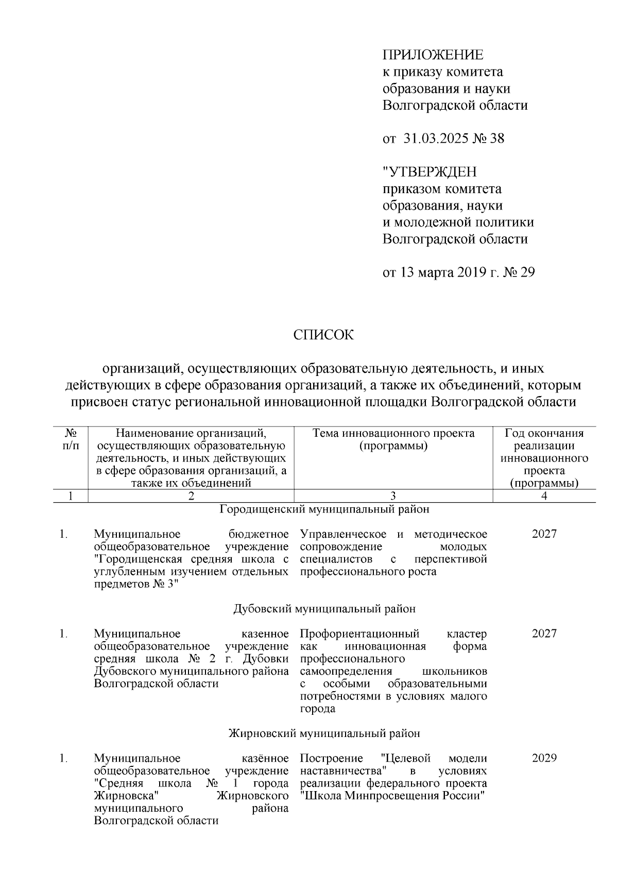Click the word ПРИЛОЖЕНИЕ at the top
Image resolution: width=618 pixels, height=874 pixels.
(433, 55)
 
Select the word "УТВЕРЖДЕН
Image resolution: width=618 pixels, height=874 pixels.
(430, 172)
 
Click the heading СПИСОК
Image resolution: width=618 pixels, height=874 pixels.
(323, 335)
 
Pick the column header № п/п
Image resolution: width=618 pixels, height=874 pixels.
(71, 440)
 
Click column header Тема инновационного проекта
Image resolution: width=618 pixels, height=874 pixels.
(393, 434)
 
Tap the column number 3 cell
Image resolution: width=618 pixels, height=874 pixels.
(393, 496)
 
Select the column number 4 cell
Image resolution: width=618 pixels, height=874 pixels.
(544, 496)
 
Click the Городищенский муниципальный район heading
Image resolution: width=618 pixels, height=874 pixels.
(324, 509)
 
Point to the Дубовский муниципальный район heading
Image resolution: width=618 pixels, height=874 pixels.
(324, 609)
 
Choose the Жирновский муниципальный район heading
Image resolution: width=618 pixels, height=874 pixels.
(324, 733)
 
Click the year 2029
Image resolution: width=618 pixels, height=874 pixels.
(544, 758)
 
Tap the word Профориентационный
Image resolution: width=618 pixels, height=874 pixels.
(359, 633)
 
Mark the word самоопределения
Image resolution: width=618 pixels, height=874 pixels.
(346, 672)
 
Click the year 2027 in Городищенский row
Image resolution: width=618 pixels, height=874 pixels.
(544, 534)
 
